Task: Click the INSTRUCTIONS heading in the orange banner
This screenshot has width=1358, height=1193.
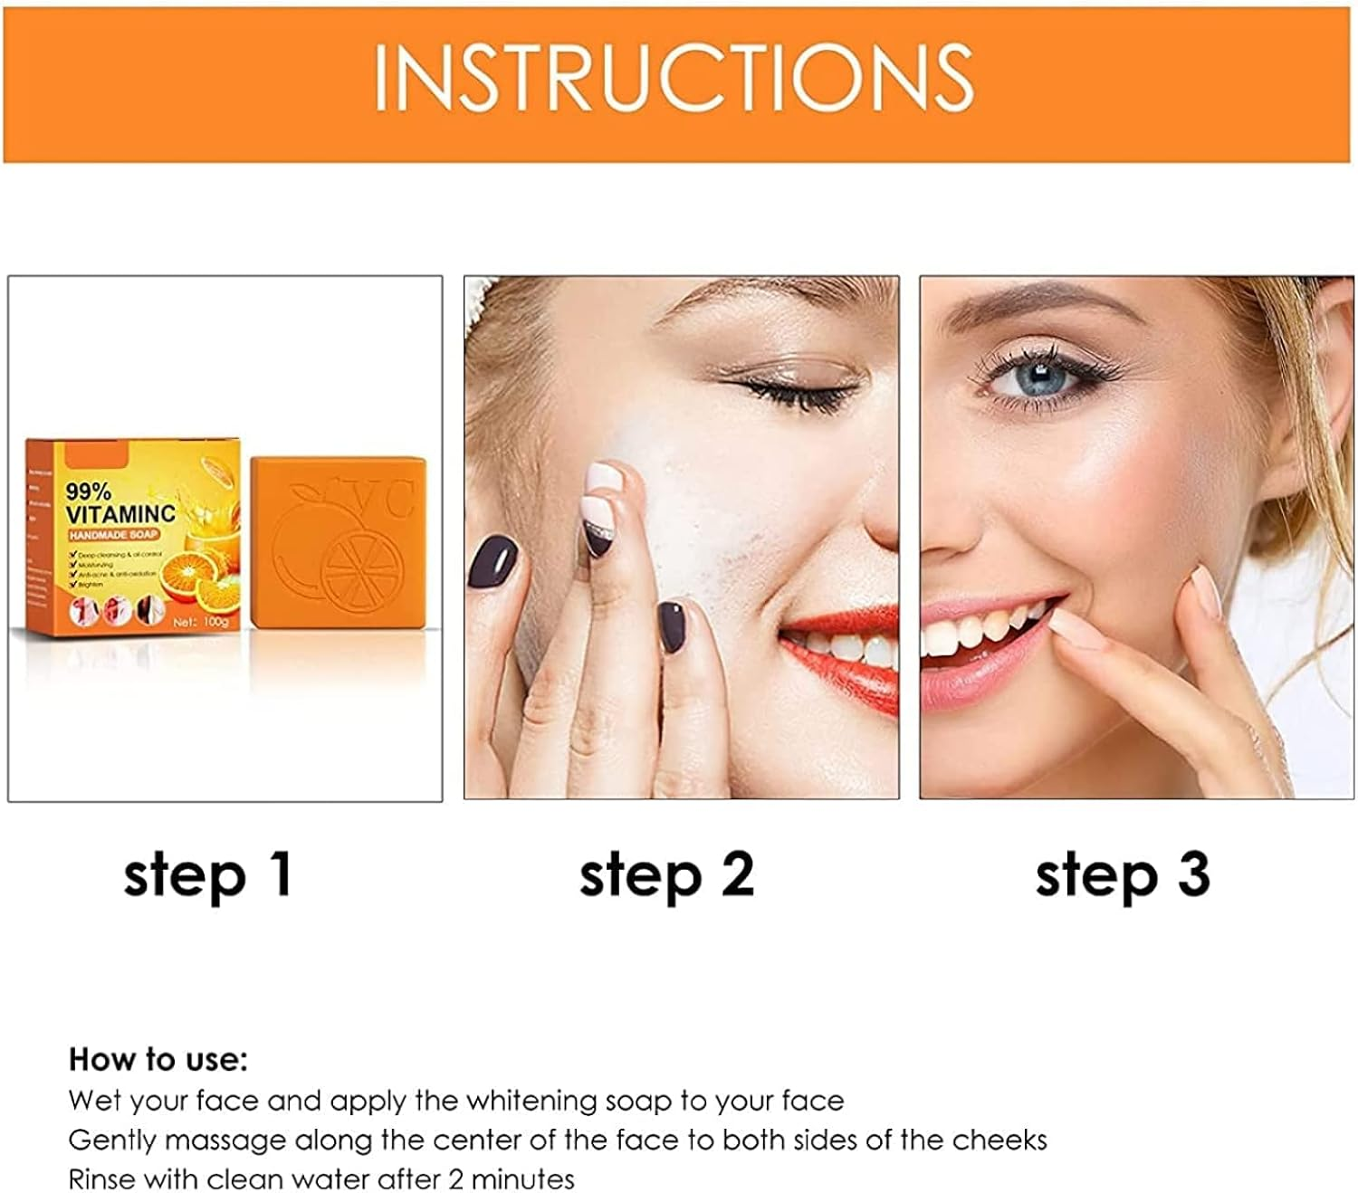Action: click(x=674, y=78)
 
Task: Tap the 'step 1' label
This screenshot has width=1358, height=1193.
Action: click(x=208, y=875)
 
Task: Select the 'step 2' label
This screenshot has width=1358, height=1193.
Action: click(x=666, y=875)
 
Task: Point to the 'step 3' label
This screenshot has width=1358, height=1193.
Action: click(x=1123, y=875)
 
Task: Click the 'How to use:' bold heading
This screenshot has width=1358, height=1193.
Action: click(x=158, y=1059)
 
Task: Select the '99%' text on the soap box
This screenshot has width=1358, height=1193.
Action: click(x=89, y=492)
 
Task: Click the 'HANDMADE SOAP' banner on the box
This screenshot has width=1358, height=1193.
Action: click(x=114, y=534)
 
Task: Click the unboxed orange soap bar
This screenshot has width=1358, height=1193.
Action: click(x=337, y=542)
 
